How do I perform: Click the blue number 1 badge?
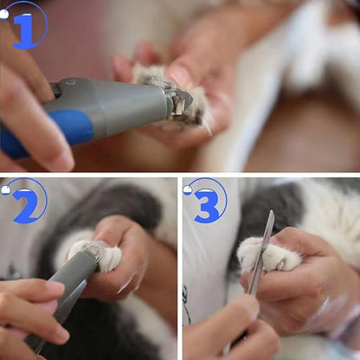tap(24, 26)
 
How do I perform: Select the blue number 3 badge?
tap(206, 202)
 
